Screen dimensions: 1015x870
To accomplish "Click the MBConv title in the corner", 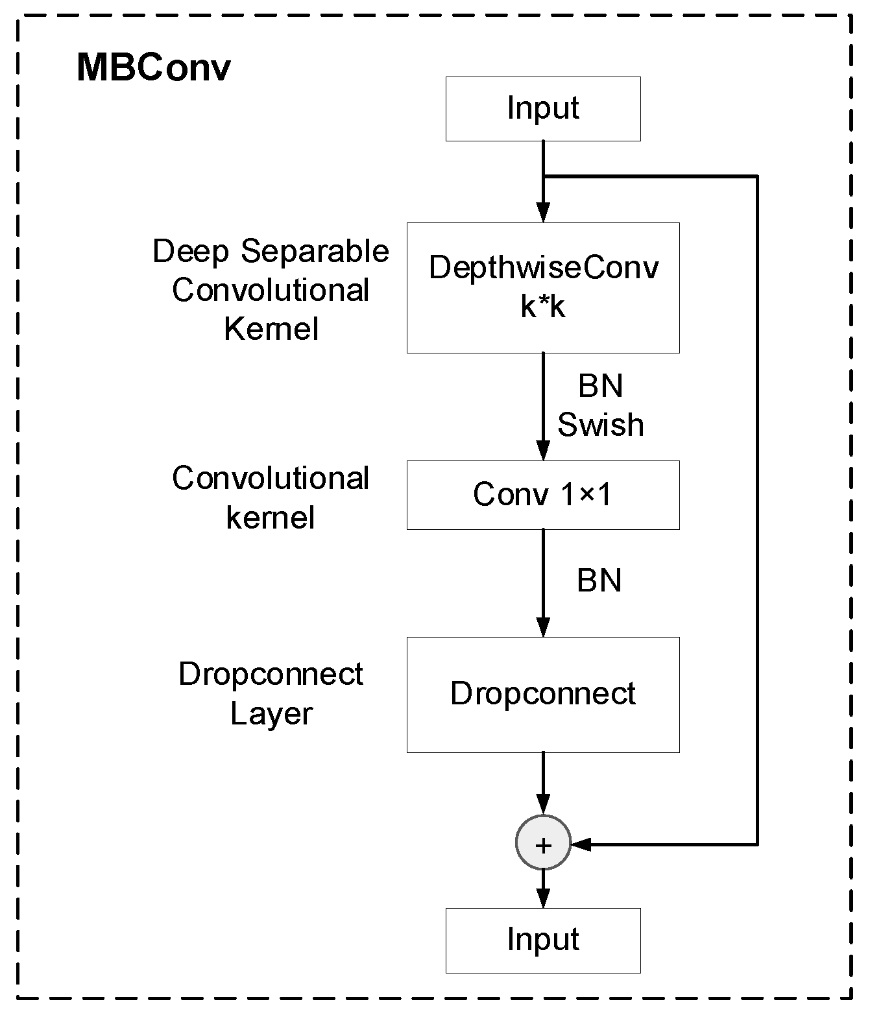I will [153, 67].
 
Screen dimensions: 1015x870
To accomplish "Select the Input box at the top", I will [542, 109].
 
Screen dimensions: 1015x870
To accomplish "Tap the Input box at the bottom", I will [542, 940].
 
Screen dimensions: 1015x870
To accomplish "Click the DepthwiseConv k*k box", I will [542, 287].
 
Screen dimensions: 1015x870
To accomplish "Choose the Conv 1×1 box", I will [542, 495].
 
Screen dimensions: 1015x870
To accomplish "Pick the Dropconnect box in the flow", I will [542, 694].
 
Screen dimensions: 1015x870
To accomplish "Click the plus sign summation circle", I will [543, 844].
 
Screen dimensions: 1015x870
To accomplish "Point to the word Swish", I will [600, 425].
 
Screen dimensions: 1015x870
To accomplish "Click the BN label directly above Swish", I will [600, 387].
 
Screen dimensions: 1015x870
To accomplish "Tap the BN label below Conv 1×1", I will [599, 580].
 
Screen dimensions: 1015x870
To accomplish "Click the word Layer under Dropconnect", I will [271, 714].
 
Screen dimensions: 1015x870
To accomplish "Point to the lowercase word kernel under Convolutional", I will [271, 518].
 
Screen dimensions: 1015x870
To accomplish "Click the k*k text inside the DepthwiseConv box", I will [542, 307].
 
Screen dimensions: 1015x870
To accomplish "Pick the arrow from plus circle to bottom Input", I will [543, 890].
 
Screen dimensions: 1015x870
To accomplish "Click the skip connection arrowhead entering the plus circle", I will [581, 844].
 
